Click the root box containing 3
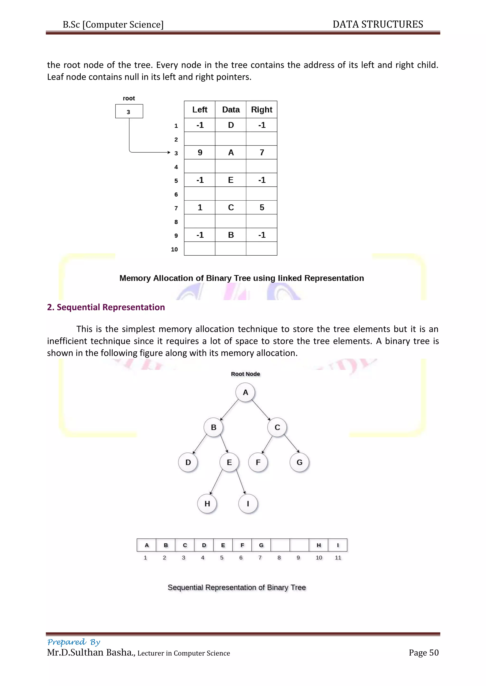(x=129, y=111)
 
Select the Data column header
(x=231, y=110)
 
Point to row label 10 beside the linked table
(x=174, y=249)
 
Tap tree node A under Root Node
(x=245, y=393)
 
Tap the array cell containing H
(x=319, y=545)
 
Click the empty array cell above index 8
(x=280, y=545)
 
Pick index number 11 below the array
(x=338, y=558)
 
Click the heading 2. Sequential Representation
(x=106, y=307)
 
